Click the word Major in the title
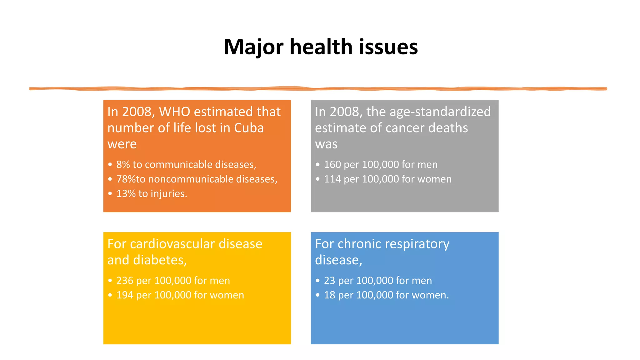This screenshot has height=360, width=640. click(x=253, y=47)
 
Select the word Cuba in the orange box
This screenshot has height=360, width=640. click(x=249, y=128)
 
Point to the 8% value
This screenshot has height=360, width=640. click(x=123, y=164)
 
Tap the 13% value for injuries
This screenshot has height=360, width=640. click(x=126, y=193)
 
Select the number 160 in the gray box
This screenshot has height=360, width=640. click(x=332, y=164)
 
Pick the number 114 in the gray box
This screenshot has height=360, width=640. click(x=332, y=179)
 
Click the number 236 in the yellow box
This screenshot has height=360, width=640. click(x=125, y=281)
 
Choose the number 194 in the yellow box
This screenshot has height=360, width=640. click(x=125, y=295)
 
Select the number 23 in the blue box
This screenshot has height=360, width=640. click(x=329, y=281)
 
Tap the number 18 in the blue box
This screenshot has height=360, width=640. click(x=329, y=295)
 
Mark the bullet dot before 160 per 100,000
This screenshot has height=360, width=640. click(x=317, y=164)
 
